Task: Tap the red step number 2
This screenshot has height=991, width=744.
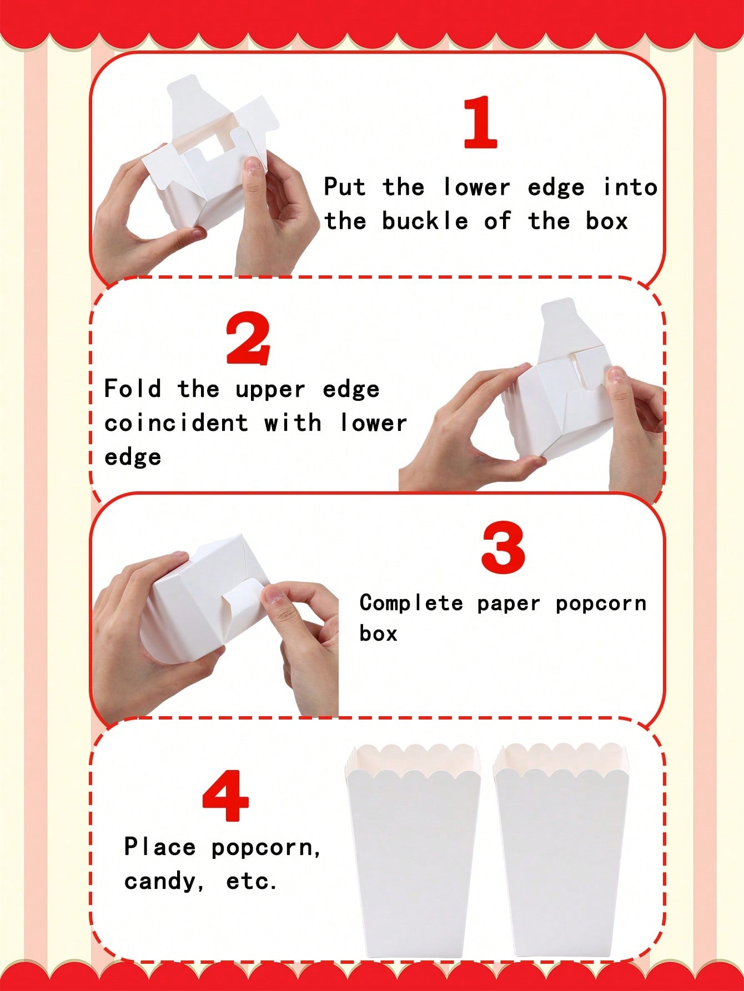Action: coord(248,339)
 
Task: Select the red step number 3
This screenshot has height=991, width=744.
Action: coord(503,549)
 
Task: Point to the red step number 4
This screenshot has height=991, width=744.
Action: coord(225,795)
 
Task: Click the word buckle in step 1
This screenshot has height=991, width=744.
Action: coord(425,221)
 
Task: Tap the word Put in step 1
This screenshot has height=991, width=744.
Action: coord(345,187)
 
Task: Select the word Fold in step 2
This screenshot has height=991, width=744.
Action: coord(133,388)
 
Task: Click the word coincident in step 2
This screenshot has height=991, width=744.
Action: coord(176,422)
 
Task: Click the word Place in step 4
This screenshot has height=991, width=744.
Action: coord(159,847)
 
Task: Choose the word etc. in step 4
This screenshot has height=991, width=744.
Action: coord(252,881)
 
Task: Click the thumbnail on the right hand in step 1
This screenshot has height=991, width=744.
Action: coord(253,165)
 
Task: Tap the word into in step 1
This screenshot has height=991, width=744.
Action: coord(630,187)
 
